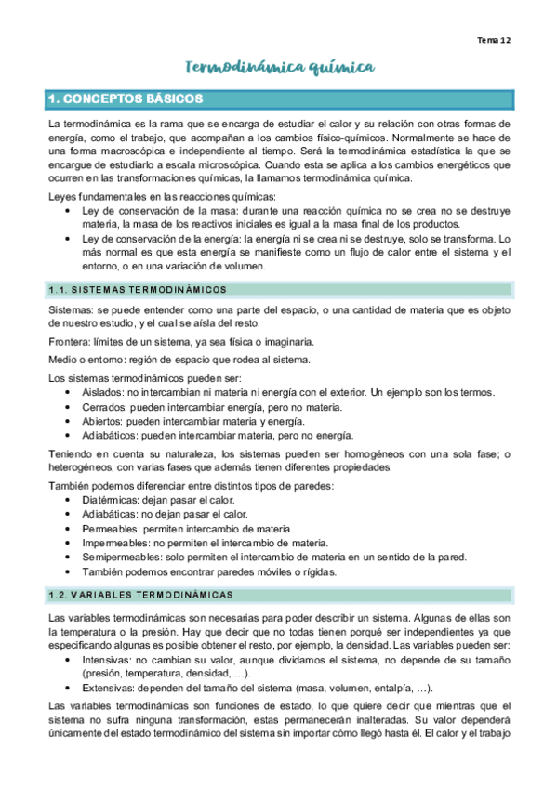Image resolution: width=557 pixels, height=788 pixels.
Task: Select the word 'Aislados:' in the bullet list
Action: click(103, 394)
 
